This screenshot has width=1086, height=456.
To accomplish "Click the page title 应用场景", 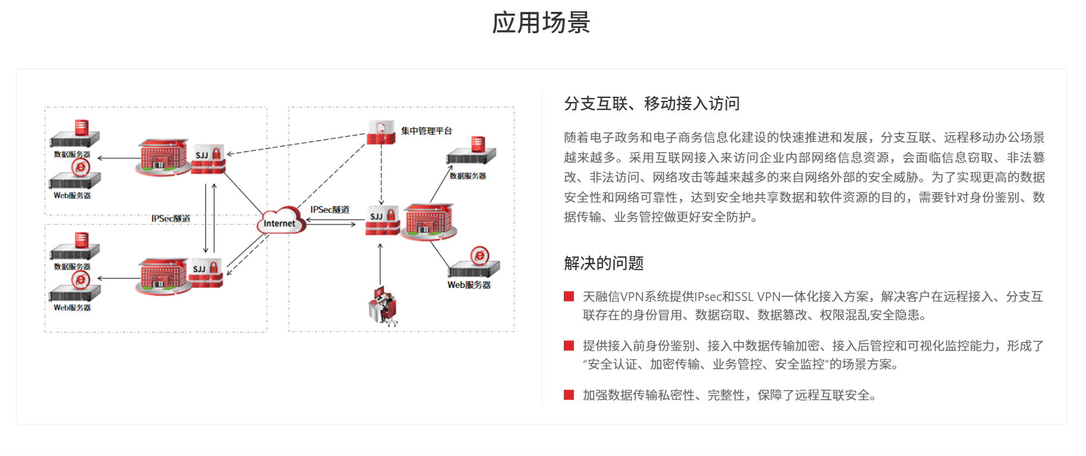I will [x=541, y=23].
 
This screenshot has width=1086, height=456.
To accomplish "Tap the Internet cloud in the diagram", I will [x=280, y=221].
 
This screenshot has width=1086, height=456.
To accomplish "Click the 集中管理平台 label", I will [x=426, y=131].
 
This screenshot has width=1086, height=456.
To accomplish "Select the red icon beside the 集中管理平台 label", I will [x=381, y=132].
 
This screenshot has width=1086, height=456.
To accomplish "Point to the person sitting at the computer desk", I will [x=383, y=306].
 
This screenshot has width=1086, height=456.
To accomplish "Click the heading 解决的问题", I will [x=604, y=263].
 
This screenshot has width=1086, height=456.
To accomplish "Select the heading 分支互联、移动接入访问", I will [x=652, y=104].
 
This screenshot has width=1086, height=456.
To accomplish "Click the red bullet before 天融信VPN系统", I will [x=569, y=296].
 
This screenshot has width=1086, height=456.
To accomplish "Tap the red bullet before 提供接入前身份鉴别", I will [x=569, y=346].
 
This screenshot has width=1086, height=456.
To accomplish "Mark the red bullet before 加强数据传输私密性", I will [x=569, y=395].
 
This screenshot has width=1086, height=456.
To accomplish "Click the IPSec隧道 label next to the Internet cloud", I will [x=330, y=210].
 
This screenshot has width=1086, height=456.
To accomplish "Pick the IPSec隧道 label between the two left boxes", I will [x=171, y=218].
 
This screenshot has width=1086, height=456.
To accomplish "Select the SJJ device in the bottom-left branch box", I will [x=207, y=273].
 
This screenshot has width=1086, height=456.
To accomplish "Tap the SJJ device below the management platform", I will [x=383, y=220].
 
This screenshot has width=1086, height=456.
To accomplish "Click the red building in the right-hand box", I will [x=428, y=221].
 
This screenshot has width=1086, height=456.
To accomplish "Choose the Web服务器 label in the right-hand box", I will [x=469, y=285].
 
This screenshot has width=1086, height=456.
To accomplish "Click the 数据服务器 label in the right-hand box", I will [x=468, y=176].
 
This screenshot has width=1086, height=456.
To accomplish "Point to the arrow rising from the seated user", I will [x=380, y=264].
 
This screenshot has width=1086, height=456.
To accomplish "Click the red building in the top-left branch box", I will [x=162, y=157].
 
